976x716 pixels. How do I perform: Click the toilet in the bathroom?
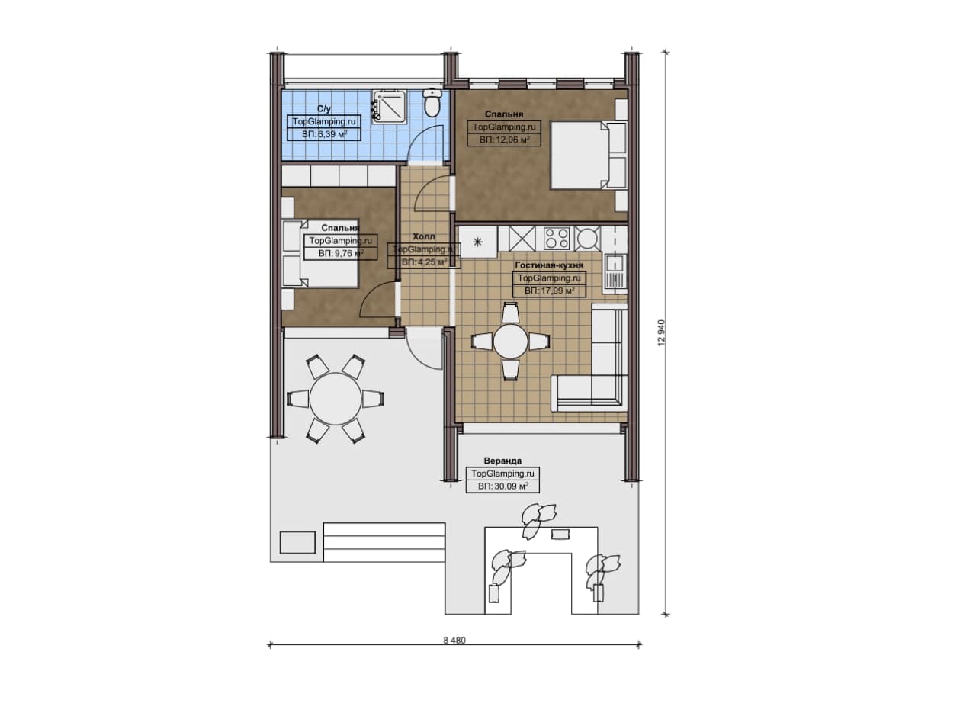point(432,103)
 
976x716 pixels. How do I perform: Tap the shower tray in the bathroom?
point(389,106)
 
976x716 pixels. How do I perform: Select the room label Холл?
point(423,236)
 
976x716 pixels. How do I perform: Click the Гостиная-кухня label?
point(548,265)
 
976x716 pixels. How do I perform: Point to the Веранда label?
point(502,461)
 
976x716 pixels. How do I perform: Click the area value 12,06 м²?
point(505,140)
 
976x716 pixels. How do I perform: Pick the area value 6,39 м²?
point(324,134)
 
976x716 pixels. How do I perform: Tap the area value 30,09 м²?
point(502,486)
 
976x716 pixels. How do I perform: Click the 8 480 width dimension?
point(454,641)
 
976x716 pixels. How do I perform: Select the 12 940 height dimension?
point(661,333)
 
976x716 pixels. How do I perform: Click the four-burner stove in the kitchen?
point(557,239)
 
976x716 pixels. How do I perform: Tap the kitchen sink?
point(615,274)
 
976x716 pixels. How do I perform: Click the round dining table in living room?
point(511,341)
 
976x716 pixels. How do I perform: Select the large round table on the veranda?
point(335,399)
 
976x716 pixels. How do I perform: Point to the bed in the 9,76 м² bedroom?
point(320,254)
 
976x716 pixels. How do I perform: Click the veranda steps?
point(384,543)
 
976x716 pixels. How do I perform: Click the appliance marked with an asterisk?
point(477,242)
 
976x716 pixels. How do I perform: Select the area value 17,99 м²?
point(550,291)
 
